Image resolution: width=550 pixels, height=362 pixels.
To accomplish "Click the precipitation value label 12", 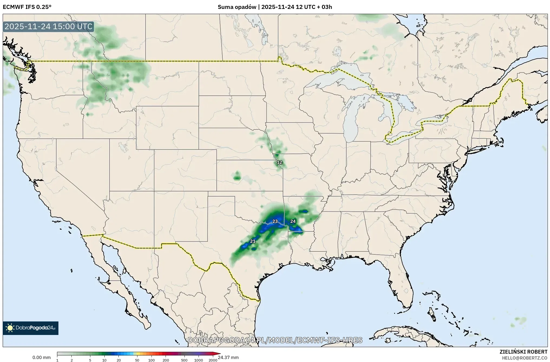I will pyautogui.click(x=279, y=162).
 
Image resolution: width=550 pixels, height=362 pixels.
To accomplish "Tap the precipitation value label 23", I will pyautogui.click(x=275, y=221).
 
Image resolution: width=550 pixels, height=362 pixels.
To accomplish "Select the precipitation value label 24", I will pyautogui.click(x=293, y=221).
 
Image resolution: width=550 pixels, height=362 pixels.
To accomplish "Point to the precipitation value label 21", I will pyautogui.click(x=253, y=241).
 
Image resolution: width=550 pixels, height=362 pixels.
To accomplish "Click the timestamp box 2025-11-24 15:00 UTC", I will pyautogui.click(x=49, y=27).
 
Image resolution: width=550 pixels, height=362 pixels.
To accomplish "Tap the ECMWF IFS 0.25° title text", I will pyautogui.click(x=27, y=7).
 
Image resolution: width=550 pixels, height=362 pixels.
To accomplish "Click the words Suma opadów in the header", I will pyautogui.click(x=237, y=7).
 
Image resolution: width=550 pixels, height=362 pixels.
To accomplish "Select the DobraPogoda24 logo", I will pyautogui.click(x=31, y=328).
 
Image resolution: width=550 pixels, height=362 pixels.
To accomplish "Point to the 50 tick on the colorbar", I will pyautogui.click(x=137, y=360).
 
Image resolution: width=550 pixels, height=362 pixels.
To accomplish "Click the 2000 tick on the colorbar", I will pyautogui.click(x=213, y=360).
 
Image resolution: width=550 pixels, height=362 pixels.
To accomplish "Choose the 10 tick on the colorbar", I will pyautogui.click(x=104, y=360).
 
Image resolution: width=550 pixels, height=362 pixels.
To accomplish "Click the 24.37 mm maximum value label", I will pyautogui.click(x=229, y=358).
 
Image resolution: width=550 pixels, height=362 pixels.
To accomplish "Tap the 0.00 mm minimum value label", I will pyautogui.click(x=41, y=358).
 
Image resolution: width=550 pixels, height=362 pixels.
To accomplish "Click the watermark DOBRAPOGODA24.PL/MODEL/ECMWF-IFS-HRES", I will pyautogui.click(x=275, y=340).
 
